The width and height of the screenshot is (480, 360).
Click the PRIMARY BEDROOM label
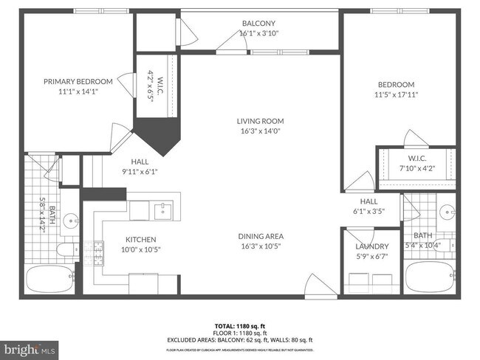pyautogui.click(x=78, y=81)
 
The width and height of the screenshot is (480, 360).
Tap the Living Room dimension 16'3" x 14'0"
pyautogui.click(x=260, y=131)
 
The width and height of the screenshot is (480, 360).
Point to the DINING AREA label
pyautogui.click(x=260, y=236)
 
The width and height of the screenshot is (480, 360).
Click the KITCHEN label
pyautogui.click(x=140, y=239)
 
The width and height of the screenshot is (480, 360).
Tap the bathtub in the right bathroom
pyautogui.click(x=433, y=277)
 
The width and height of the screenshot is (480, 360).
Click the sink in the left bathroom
pyautogui.click(x=70, y=220)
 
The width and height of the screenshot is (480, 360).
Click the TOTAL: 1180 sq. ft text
pyautogui.click(x=240, y=325)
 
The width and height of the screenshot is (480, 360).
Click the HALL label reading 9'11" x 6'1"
pyautogui.click(x=140, y=166)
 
